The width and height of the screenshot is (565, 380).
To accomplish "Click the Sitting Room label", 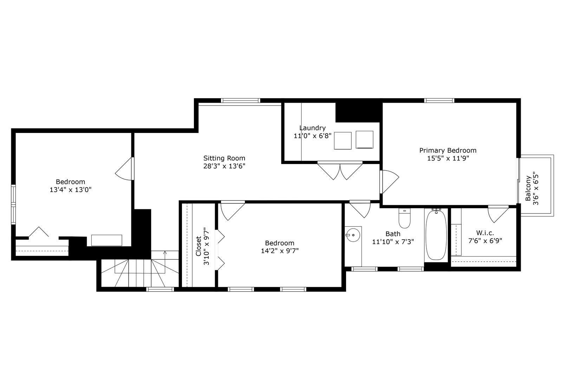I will point(224,158).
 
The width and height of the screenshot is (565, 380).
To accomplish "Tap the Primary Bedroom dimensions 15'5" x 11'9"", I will point(448,159).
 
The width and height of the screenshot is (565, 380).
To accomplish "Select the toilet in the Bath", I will point(404,219).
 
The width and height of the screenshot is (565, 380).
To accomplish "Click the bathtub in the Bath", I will point(436,235).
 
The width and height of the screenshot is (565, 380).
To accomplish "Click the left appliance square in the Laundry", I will point(343,141).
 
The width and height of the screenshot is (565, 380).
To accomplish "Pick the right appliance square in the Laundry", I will point(364,140).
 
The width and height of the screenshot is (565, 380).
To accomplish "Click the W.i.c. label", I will point(485,233).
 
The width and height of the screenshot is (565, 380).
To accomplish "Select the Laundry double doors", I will point(340,171).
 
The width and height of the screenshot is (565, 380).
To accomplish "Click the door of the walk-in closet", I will point(498,214).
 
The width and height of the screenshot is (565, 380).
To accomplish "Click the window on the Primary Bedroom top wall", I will point(439,101).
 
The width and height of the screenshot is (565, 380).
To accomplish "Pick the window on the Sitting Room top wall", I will point(241,101).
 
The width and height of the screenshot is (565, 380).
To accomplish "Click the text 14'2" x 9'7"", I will point(280,251).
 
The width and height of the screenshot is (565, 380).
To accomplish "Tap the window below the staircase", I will point(160,289).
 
